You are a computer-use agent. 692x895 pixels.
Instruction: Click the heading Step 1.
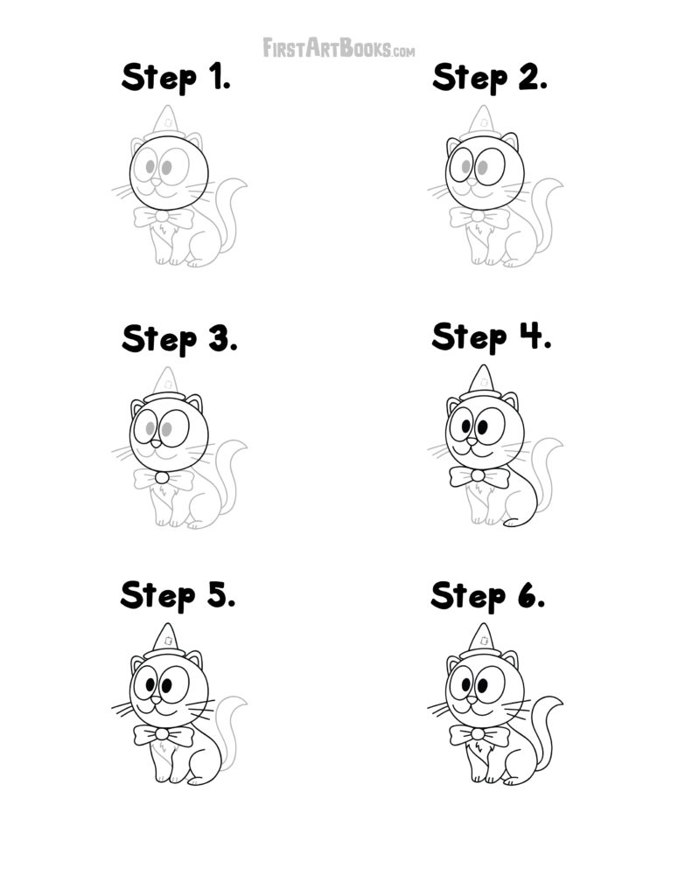(176, 78)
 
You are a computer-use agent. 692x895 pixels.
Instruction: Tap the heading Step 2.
(490, 78)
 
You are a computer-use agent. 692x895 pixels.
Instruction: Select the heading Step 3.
(179, 338)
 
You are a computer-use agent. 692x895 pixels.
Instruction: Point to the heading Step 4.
(491, 336)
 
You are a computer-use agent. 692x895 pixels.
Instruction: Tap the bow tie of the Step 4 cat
(479, 476)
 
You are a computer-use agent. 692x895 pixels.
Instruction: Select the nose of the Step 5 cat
(155, 699)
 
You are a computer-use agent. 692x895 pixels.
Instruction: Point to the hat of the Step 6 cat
(480, 641)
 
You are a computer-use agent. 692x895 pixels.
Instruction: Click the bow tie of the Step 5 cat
(163, 735)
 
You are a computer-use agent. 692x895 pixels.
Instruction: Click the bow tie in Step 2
(479, 217)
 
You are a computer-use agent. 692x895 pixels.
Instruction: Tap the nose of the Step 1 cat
(156, 184)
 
